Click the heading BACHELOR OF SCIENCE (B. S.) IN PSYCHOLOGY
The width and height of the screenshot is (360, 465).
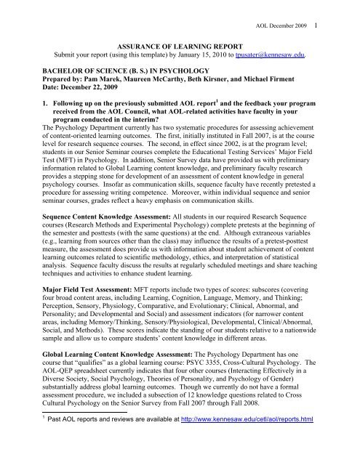pyautogui.click(x=124, y=70)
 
